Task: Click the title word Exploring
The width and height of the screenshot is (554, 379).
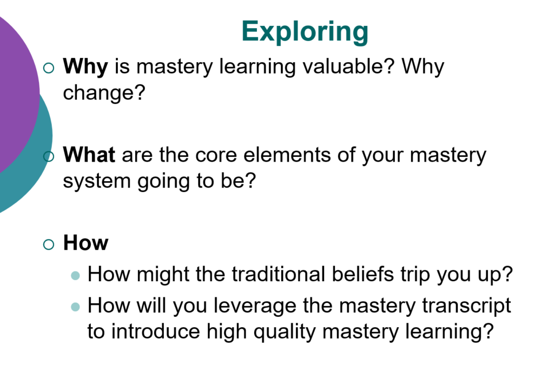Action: pyautogui.click(x=305, y=31)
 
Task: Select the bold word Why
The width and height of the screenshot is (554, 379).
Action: pyautogui.click(x=86, y=68)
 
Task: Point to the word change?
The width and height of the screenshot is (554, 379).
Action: pyautogui.click(x=104, y=92)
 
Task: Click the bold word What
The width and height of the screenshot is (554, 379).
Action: pyautogui.click(x=89, y=156)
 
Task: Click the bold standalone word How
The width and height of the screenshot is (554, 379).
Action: pyautogui.click(x=85, y=243)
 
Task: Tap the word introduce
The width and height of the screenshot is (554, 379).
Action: pyautogui.click(x=156, y=331)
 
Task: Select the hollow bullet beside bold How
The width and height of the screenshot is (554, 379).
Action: pyautogui.click(x=49, y=244)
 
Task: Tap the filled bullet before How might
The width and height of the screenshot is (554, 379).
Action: pyautogui.click(x=75, y=276)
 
